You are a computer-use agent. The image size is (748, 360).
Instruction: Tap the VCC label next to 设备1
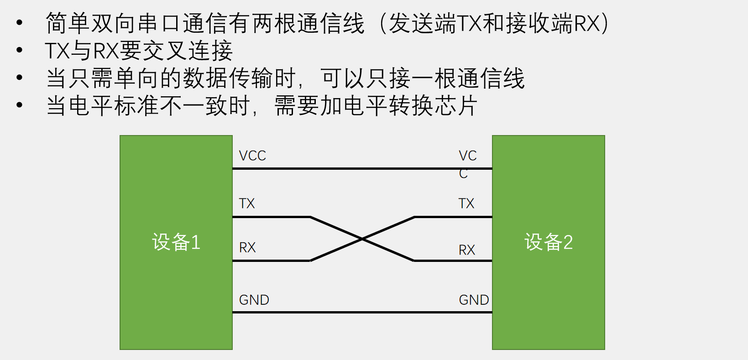point(252,156)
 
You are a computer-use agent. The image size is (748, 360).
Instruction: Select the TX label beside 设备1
point(247,203)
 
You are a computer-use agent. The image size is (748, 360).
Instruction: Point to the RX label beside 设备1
point(247,248)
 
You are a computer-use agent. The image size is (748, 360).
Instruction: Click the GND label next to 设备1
point(254,300)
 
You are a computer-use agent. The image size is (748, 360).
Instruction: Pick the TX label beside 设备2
point(466,203)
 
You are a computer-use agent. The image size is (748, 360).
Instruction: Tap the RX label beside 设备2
point(467,250)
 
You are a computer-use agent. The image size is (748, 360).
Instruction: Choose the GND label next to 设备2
point(474,300)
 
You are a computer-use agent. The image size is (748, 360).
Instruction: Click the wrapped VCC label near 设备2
point(467,164)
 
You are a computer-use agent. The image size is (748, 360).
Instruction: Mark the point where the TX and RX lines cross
point(362,239)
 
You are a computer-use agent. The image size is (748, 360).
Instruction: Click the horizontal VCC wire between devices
point(362,169)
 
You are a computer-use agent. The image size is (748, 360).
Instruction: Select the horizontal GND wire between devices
point(362,313)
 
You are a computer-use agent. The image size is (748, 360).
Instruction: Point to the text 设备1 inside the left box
point(176,242)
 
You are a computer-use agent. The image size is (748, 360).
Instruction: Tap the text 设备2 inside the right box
point(549,242)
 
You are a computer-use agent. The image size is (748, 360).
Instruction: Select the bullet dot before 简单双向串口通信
point(19,22)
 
